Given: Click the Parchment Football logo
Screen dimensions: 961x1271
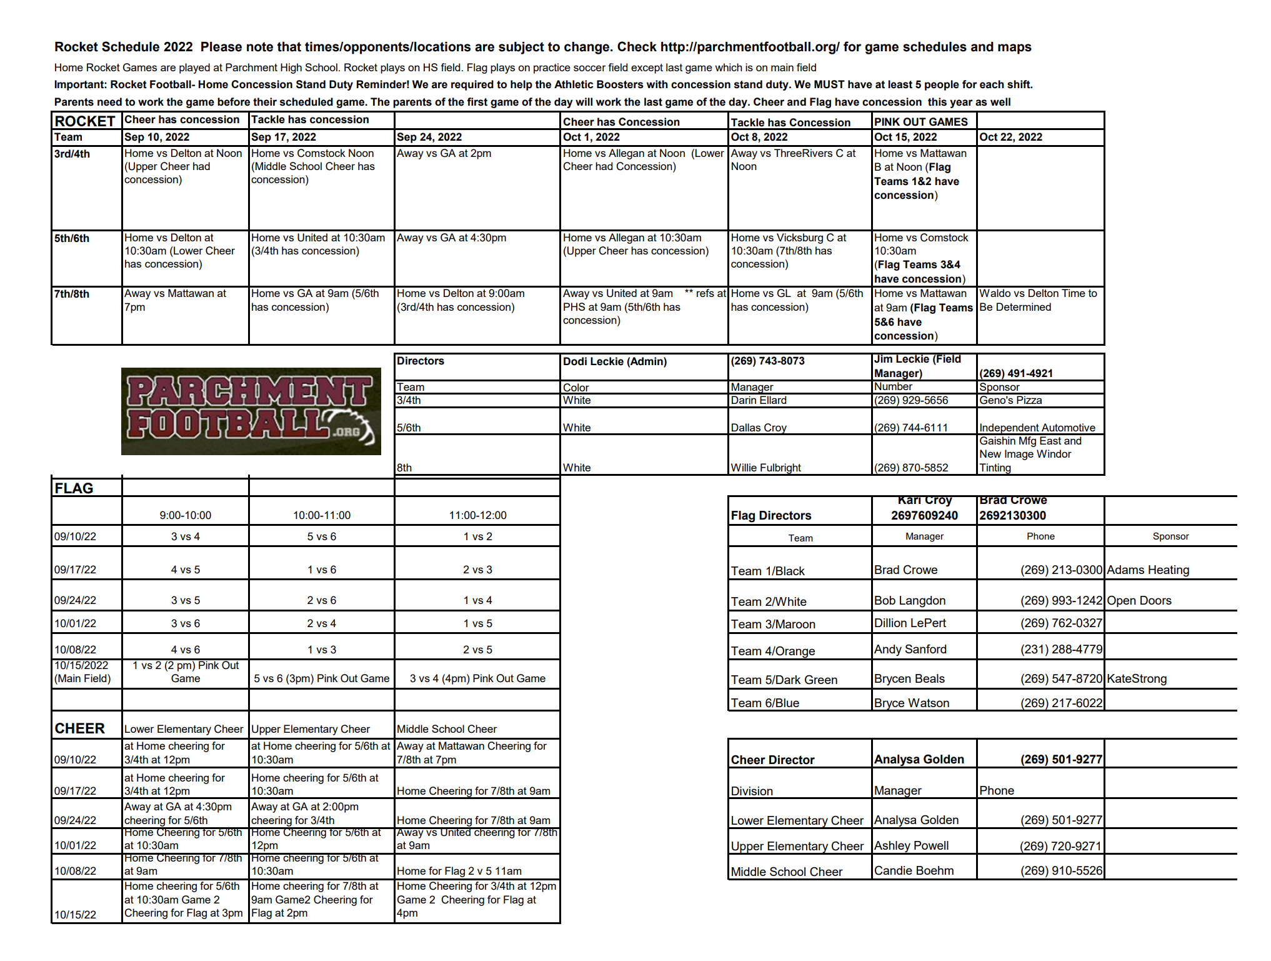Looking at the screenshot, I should tap(251, 411).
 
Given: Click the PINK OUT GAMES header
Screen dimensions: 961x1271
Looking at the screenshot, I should tap(920, 122).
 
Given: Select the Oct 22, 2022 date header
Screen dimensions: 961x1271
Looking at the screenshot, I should tap(1010, 138).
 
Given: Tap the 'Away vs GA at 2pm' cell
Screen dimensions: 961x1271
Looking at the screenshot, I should tap(444, 154).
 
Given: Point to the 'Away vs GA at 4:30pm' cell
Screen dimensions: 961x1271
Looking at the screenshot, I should tap(451, 238).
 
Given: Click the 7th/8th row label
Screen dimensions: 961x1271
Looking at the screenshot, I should tap(72, 294).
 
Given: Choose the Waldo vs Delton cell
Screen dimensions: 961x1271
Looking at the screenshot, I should tap(1038, 301).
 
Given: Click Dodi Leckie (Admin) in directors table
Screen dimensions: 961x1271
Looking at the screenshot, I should tap(614, 362).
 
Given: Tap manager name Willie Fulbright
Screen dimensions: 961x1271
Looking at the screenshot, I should tap(765, 468).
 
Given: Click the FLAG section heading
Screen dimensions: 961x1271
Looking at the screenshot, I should tap(74, 488).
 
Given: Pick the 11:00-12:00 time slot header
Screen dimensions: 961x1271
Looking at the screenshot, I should tap(477, 516).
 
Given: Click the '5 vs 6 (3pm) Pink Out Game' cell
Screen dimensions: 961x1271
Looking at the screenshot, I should tap(321, 679).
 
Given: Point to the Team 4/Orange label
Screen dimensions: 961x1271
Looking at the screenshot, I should tap(773, 652).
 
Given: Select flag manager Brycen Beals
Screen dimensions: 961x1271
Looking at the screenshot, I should tap(909, 679).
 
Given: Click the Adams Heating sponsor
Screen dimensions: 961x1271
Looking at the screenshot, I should tap(1148, 570).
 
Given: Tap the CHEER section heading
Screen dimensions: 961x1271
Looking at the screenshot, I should tap(79, 729).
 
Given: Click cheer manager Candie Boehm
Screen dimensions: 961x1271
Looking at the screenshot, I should tap(914, 871).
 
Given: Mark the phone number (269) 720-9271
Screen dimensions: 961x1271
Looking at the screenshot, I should tap(1060, 847).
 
